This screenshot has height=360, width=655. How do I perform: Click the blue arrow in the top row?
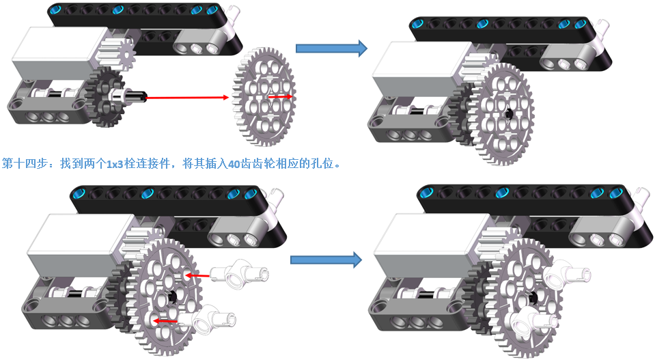(331, 48)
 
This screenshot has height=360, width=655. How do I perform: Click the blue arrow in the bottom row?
(325, 260)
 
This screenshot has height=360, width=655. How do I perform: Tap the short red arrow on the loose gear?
(280, 97)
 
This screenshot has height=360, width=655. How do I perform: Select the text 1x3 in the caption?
(115, 164)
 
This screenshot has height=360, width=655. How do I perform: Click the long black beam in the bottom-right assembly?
(533, 198)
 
